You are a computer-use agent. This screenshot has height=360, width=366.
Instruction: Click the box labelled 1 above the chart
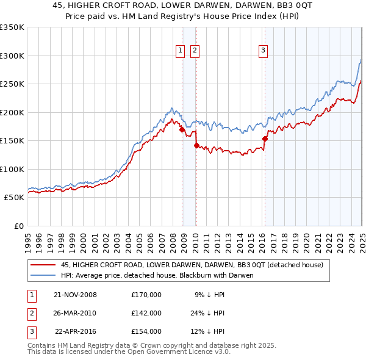click(181, 51)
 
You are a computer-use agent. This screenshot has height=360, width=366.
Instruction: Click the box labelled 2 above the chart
click(195, 51)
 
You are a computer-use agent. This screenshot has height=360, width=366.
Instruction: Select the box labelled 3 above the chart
click(263, 51)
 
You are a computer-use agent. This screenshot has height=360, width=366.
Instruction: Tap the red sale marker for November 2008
click(182, 129)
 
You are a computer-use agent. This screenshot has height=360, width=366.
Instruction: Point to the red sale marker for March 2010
click(196, 145)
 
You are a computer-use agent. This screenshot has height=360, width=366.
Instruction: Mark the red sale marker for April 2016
click(265, 139)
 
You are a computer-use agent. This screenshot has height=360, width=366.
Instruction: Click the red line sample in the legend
click(43, 265)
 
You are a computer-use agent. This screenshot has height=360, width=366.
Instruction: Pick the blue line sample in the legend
click(43, 275)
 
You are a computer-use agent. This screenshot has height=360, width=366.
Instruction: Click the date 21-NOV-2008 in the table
click(75, 295)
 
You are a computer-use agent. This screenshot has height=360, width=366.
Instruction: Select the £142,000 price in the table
click(146, 313)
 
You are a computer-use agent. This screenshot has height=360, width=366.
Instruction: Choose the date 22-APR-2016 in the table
click(76, 331)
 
